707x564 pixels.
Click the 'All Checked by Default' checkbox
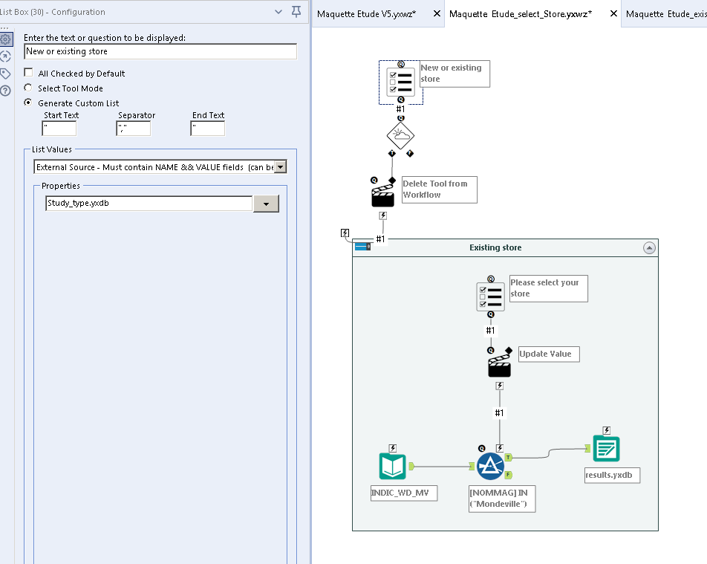[x=29, y=73]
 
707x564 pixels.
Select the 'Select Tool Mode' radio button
[x=29, y=88]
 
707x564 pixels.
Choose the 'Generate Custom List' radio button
[x=29, y=103]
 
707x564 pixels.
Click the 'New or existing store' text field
[x=160, y=51]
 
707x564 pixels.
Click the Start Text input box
[x=59, y=129]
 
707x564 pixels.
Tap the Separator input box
[x=134, y=129]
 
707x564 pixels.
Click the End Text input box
[x=207, y=129]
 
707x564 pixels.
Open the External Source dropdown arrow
[x=280, y=167]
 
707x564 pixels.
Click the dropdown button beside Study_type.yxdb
[x=266, y=204]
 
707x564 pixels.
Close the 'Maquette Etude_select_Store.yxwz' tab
[x=613, y=14]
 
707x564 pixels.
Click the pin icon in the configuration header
[x=296, y=12]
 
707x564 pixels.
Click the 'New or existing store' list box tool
[x=401, y=82]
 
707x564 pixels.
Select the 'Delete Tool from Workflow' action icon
[x=382, y=195]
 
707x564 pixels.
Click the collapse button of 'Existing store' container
[x=649, y=248]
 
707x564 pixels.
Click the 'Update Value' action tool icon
[x=499, y=365]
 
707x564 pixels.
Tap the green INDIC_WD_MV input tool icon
[x=393, y=467]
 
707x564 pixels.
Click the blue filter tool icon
[x=490, y=467]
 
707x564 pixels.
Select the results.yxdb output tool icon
[x=606, y=448]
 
